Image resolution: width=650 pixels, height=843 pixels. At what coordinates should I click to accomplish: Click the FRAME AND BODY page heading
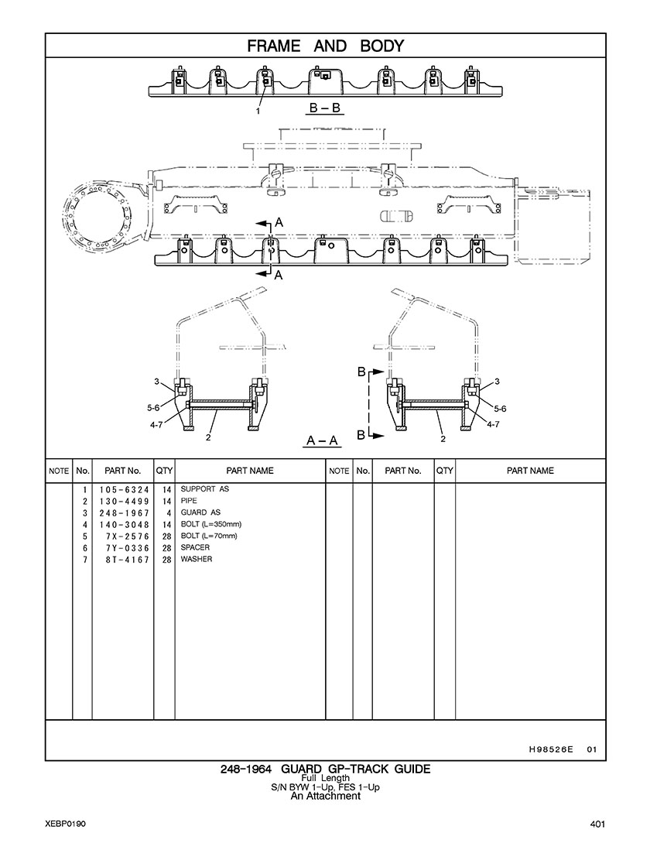pos(325,46)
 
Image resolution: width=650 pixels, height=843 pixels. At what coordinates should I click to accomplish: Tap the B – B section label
pos(325,108)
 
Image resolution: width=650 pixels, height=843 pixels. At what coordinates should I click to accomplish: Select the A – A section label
pos(322,441)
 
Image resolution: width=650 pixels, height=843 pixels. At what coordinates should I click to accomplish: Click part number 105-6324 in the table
pos(124,490)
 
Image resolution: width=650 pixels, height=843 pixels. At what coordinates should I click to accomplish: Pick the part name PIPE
pos(189,501)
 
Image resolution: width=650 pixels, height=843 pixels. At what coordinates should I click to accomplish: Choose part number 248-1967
pos(124,513)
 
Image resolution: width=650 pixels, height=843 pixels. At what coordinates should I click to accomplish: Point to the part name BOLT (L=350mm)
pos(210,524)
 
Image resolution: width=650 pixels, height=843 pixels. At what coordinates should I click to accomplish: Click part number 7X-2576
pos(128,536)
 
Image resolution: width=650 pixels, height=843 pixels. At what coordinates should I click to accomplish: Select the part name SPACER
pos(195,547)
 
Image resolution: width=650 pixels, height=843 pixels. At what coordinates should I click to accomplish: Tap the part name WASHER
pos(197,559)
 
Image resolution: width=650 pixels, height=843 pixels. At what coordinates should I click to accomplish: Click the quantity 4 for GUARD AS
pos(168,513)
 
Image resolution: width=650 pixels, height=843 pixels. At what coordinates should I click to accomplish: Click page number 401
pos(597,824)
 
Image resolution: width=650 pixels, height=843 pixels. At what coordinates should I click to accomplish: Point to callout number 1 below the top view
pos(258,111)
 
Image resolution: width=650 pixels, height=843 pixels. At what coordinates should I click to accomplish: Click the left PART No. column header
pos(122,471)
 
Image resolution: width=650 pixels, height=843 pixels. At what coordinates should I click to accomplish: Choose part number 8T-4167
pos(128,560)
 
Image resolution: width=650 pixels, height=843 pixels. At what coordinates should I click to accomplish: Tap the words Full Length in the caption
pos(325,778)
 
